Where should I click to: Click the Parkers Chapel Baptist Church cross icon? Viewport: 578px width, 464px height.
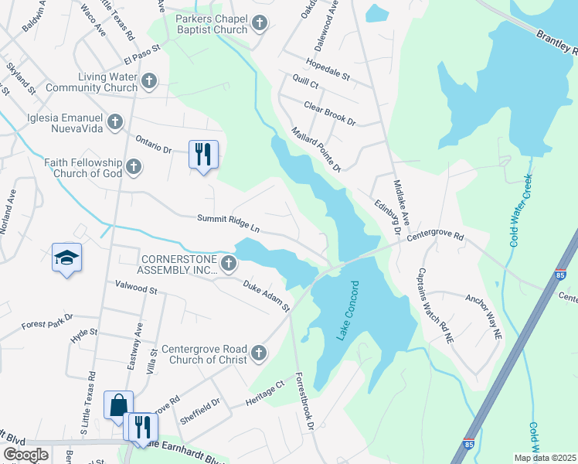click(x=259, y=23)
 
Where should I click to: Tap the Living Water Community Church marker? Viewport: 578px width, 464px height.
click(x=149, y=80)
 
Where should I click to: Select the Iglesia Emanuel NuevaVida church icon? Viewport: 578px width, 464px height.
click(x=115, y=121)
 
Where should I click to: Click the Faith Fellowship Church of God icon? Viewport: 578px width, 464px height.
click(x=134, y=166)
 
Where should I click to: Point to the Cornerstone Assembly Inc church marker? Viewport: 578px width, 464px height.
click(x=228, y=264)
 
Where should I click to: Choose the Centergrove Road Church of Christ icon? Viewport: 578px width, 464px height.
click(x=258, y=353)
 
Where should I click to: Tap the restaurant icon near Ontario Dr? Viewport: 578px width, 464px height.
click(x=203, y=155)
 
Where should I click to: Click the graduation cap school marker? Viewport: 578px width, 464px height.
click(x=66, y=258)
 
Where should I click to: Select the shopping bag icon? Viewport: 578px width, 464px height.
click(x=118, y=405)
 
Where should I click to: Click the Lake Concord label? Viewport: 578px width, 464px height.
click(x=348, y=319)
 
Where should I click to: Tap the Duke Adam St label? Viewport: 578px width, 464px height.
click(x=266, y=296)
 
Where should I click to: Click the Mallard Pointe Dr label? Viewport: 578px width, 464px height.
click(x=315, y=150)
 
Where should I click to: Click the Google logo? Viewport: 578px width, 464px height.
click(x=25, y=454)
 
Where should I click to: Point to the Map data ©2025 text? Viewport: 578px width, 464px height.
click(x=544, y=458)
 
